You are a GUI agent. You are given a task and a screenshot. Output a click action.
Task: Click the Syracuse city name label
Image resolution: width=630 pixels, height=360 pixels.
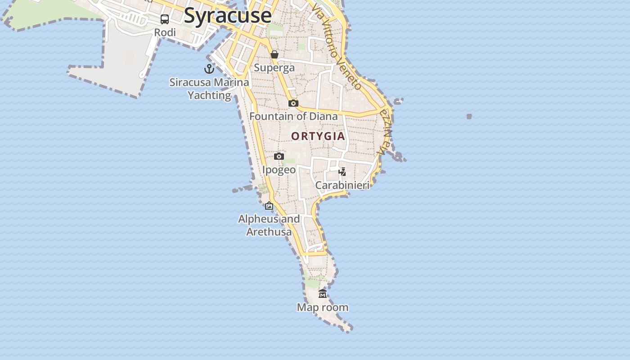coord(228,15)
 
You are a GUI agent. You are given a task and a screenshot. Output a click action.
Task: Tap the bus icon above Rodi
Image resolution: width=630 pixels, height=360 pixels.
coord(165,19)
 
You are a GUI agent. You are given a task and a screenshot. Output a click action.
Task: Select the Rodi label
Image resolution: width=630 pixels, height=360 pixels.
coord(165,32)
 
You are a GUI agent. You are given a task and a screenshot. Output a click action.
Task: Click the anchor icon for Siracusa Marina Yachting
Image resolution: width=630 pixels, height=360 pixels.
coord(209,69)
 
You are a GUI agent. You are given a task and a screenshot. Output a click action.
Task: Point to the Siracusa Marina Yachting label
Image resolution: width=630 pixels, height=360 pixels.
coord(209,89)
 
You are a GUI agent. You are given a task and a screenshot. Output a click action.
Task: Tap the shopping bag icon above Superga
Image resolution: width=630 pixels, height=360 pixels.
coord(274,54)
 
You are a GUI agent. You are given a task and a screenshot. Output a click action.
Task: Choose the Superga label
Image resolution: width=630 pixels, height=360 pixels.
coord(274,67)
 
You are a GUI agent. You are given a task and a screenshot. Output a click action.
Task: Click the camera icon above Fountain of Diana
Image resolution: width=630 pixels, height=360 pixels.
coord(293,103)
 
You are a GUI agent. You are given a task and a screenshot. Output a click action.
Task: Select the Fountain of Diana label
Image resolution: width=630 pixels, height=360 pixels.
coord(293,116)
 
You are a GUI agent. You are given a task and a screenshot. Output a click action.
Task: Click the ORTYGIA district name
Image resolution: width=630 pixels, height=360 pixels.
coord(318,136)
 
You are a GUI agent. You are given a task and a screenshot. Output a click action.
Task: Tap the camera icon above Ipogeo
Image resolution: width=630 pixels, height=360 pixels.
coord(279,157)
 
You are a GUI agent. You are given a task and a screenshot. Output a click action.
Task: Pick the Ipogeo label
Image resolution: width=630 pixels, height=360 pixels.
coord(279,170)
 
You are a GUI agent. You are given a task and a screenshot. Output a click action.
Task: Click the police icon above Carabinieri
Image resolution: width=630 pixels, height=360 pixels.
coord(342,172)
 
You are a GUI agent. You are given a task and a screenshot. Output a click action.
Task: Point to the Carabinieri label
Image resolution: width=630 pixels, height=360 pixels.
coord(342,185)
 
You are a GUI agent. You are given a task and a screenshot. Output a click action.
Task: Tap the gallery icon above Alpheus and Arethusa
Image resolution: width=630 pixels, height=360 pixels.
coord(269,206)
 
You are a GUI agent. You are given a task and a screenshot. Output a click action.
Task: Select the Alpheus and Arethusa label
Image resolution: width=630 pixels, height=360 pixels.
coord(269,225)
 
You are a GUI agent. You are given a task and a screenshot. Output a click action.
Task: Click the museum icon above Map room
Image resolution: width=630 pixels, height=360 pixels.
coord(323,294)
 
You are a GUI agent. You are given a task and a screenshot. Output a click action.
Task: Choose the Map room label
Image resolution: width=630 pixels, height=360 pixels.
coord(323,307)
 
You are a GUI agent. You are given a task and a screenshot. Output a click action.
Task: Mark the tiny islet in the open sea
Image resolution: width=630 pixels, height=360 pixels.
coord(469,117)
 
